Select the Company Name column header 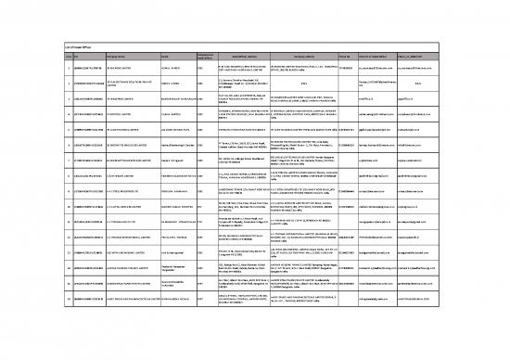coord(78,54)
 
